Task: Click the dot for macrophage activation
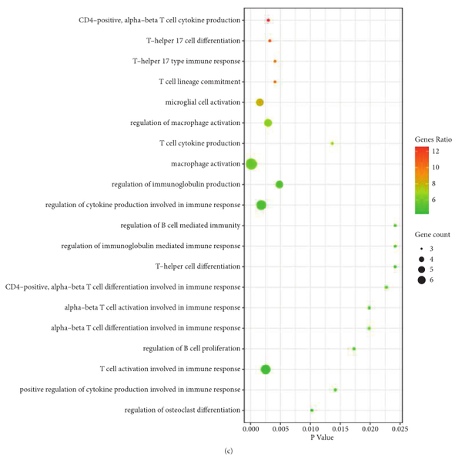click(x=251, y=164)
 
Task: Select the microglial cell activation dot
click(x=259, y=102)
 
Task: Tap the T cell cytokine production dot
click(x=332, y=143)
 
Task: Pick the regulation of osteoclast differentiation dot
click(x=312, y=410)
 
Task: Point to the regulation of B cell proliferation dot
click(x=353, y=349)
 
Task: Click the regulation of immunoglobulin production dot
click(x=280, y=185)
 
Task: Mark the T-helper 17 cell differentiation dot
click(x=269, y=41)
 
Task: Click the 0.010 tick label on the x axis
click(x=310, y=428)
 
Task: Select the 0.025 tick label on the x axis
click(x=398, y=428)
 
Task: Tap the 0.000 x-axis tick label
click(x=251, y=428)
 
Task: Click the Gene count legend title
click(x=430, y=232)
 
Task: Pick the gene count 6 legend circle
click(x=421, y=280)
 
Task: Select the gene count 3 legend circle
click(x=421, y=249)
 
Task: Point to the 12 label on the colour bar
click(x=435, y=152)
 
